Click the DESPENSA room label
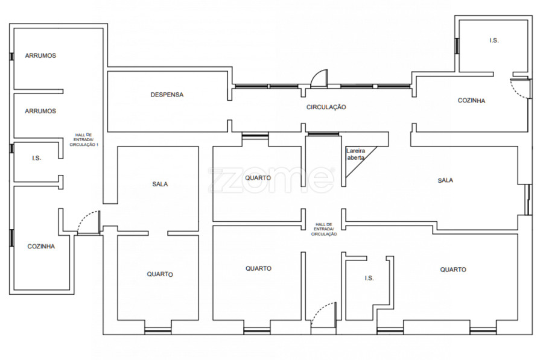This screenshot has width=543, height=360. [x=167, y=95]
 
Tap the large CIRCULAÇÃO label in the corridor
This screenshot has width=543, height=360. [x=326, y=107]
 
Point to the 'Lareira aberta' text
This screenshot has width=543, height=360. [x=355, y=154]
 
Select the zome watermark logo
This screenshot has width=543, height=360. [x=271, y=180]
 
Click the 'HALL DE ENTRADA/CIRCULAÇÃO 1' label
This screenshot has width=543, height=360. [x=84, y=140]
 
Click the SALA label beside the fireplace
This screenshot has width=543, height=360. [x=445, y=180]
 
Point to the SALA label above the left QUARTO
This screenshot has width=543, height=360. [x=160, y=184]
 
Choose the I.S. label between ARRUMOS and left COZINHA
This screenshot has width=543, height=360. [x=37, y=158]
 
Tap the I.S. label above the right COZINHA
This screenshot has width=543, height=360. [x=494, y=40]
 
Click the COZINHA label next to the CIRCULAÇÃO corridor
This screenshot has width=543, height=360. [x=471, y=101]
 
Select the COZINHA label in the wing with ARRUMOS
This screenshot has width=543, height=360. [x=41, y=247]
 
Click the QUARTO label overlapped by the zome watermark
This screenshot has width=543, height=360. [x=258, y=178]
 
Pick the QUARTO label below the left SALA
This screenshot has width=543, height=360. [x=160, y=274]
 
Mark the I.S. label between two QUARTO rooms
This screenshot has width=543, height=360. [x=369, y=279]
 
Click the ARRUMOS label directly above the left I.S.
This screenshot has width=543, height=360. [x=40, y=111]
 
